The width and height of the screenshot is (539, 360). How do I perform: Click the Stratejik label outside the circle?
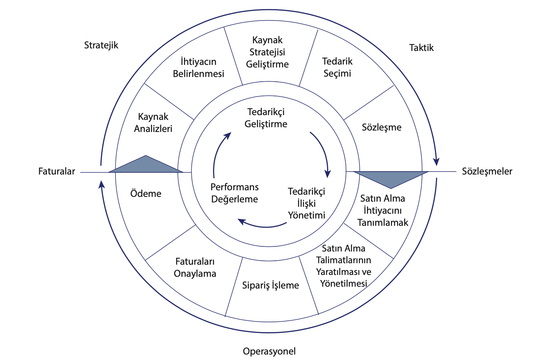tap(101, 45)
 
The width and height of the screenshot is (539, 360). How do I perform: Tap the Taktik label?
tap(421, 48)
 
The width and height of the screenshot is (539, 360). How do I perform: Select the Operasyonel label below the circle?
tap(269, 351)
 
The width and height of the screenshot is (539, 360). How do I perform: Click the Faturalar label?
tap(56, 171)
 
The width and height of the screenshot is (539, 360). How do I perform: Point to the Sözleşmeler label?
tap(487, 171)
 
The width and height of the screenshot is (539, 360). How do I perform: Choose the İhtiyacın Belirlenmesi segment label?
tap(198, 67)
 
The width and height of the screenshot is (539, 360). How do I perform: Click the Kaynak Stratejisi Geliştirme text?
tap(267, 52)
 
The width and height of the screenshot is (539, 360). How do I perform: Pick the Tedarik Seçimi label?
tap(337, 67)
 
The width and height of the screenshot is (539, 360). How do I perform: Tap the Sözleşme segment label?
tap(381, 127)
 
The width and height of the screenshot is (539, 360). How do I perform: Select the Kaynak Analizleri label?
tap(153, 122)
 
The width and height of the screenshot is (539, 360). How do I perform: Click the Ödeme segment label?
tap(146, 193)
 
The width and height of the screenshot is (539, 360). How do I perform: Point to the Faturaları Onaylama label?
tap(195, 267)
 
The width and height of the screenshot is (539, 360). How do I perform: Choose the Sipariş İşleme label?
tap(270, 285)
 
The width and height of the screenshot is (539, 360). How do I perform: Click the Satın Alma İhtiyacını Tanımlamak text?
tap(382, 210)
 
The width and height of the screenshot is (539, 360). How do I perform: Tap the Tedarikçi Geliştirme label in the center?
tap(266, 118)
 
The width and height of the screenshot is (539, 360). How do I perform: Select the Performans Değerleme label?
tap(235, 193)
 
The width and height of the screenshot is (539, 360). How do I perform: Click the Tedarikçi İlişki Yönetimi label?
tap(307, 203)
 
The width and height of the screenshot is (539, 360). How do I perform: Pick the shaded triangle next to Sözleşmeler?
tap(391, 178)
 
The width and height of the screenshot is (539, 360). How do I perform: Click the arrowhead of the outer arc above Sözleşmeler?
tap(436, 161)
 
